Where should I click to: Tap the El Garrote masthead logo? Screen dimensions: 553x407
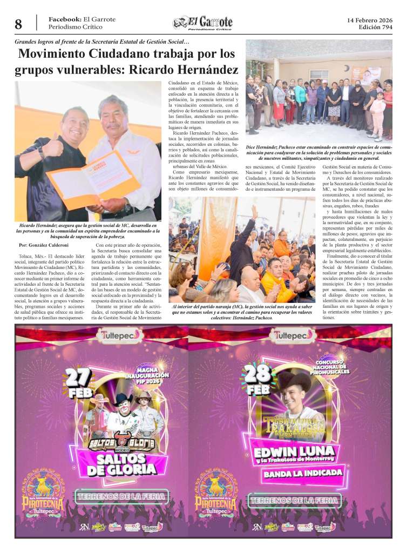[x=203, y=23]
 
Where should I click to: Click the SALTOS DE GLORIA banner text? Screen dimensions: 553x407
[x=121, y=465]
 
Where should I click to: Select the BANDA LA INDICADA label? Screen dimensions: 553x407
[x=303, y=473]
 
